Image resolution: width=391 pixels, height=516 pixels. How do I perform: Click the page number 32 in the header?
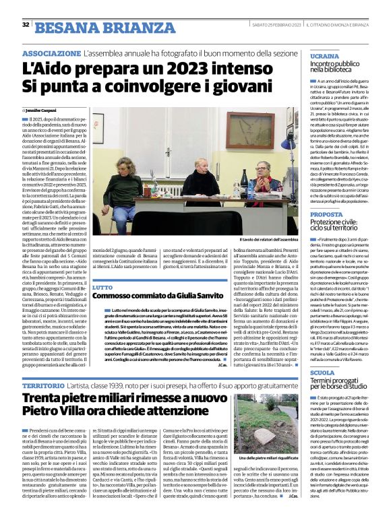click(26, 24)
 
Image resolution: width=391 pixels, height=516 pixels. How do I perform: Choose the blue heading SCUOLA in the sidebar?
click(322, 372)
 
